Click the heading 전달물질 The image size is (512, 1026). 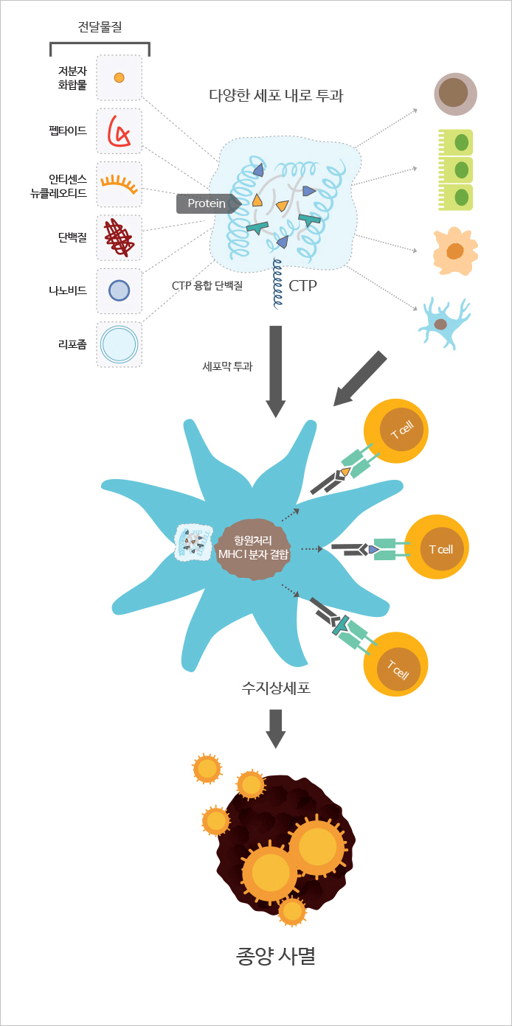[100, 27]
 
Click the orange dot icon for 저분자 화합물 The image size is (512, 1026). [120, 78]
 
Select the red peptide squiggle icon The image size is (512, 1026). [118, 130]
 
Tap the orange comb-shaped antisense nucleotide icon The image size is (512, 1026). [120, 184]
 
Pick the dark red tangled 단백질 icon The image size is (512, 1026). [119, 237]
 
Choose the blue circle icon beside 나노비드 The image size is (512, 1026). [120, 290]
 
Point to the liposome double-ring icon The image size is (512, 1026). [120, 344]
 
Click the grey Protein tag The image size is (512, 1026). [209, 203]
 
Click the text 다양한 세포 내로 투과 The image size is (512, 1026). [276, 95]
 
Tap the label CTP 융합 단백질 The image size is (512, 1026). [207, 286]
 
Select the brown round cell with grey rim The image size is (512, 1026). [456, 94]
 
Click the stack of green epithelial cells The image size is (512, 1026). [455, 170]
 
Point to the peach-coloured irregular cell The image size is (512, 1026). [455, 251]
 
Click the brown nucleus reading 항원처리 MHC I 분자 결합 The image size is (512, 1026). [253, 548]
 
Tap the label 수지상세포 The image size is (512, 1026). [276, 688]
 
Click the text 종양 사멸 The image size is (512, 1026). [275, 956]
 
